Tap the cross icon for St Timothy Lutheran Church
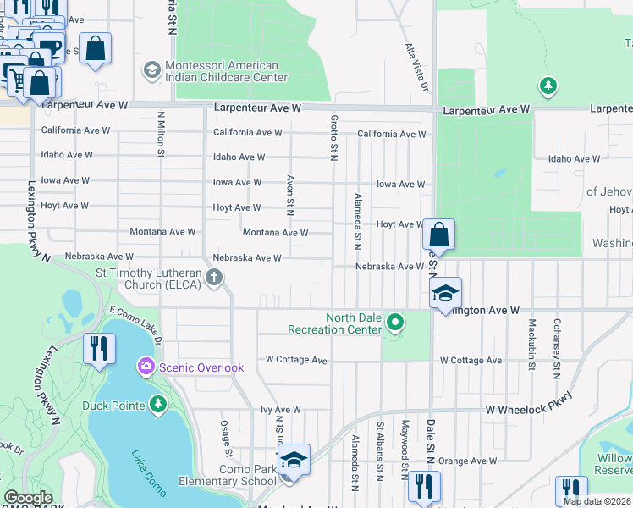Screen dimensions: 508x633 click(215, 277)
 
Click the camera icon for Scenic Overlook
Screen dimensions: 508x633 click(146, 367)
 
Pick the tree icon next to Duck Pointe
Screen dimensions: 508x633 click(157, 404)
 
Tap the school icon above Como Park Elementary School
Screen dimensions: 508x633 click(294, 460)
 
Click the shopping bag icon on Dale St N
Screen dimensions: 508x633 click(439, 235)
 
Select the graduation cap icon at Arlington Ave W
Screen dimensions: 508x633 click(445, 293)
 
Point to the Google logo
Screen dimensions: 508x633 click(28, 497)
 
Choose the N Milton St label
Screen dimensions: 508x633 click(160, 133)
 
